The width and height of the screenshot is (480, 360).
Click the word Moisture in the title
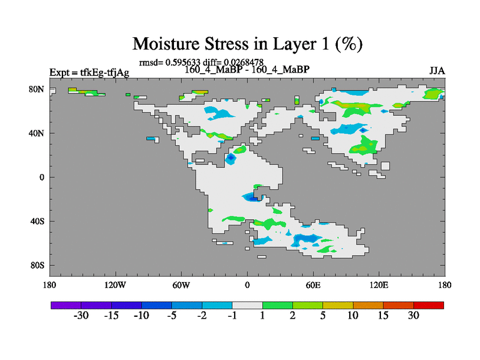coord(166,44)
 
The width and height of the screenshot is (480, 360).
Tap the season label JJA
coord(437,71)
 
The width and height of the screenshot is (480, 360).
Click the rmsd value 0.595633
coord(183,62)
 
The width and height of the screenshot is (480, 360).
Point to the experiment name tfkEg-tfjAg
coord(104,73)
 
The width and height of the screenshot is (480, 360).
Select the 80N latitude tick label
coord(37,89)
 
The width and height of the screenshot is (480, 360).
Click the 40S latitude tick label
coord(37,221)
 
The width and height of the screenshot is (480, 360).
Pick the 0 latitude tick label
coord(41,177)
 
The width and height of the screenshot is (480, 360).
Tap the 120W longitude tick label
coord(115,286)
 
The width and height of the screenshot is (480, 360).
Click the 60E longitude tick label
coord(313,286)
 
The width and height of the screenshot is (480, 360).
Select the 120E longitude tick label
coord(379,286)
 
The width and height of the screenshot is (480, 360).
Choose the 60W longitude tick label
coord(181,286)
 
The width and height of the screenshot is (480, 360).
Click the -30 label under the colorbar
coord(81,316)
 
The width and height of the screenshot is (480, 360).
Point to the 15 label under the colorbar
coord(383,316)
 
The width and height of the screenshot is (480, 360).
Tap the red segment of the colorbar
coord(428,305)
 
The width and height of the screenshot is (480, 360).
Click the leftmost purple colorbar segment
coord(66,305)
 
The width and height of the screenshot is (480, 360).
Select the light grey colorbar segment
coord(247,305)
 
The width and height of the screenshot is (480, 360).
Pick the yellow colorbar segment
coord(338,305)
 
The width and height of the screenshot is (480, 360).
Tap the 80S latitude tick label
coord(37,265)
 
